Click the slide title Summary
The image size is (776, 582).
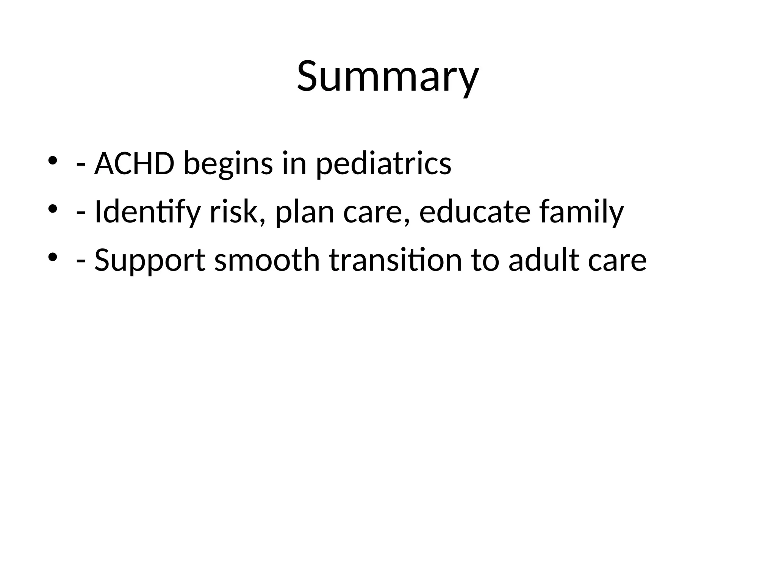pos(388,77)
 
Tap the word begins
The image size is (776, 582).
pos(228,165)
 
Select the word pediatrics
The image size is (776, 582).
pos(383,165)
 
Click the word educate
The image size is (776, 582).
pos(475,212)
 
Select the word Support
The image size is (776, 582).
pos(150,261)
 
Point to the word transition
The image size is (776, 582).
pos(395,260)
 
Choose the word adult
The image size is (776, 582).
pos(543,260)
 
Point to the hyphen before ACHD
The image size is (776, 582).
pos(80,166)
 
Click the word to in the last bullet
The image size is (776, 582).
pos(485,260)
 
